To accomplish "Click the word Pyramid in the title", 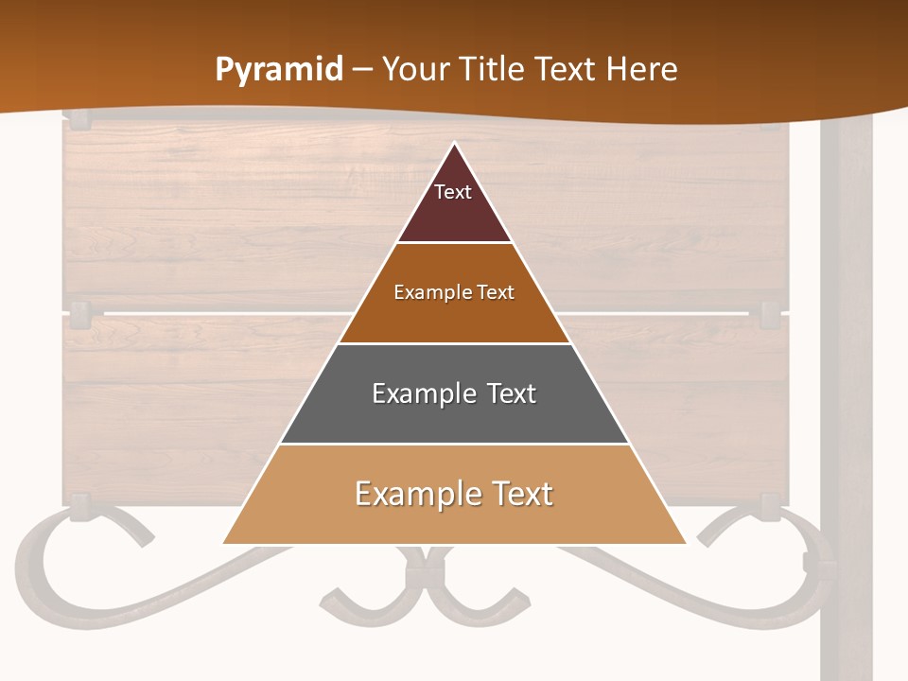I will pyautogui.click(x=279, y=69).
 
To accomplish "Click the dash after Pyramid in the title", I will pyautogui.click(x=363, y=70).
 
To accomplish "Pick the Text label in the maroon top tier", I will pyautogui.click(x=453, y=192).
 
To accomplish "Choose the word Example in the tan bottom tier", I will pyautogui.click(x=413, y=494).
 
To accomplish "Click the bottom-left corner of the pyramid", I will pyautogui.click(x=223, y=544).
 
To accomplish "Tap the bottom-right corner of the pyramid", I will pyautogui.click(x=686, y=544).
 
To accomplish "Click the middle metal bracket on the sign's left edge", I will pyautogui.click(x=79, y=312).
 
